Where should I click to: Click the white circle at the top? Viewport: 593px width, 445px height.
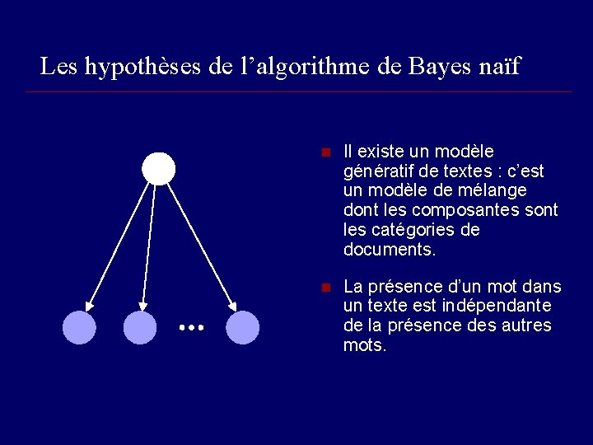point(158,168)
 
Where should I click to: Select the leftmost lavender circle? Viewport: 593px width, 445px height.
point(79,327)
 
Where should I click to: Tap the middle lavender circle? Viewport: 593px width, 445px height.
point(139,327)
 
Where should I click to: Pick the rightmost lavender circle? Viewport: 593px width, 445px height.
point(242,327)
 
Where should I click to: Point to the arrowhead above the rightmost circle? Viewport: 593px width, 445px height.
point(232,306)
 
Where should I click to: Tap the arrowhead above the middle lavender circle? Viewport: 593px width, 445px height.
point(142,306)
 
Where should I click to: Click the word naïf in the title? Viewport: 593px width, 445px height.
point(499,66)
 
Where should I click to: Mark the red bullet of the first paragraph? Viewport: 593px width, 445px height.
point(325,153)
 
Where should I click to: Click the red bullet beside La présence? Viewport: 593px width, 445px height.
point(325,288)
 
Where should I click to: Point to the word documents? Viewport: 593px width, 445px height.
point(389,249)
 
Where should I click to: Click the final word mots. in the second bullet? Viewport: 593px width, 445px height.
point(364,345)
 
